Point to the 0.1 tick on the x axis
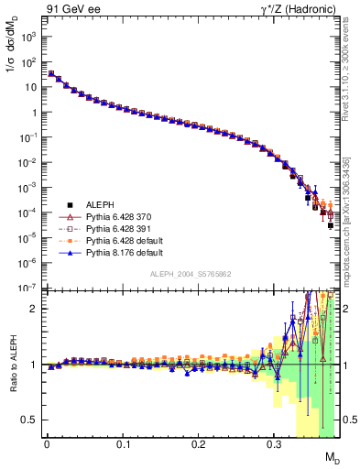(x=122, y=447)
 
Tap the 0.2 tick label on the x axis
(x=198, y=447)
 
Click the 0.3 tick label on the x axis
(x=274, y=447)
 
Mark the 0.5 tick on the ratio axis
(x=31, y=420)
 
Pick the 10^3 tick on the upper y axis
(x=29, y=37)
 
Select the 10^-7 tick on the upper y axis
(x=29, y=287)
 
